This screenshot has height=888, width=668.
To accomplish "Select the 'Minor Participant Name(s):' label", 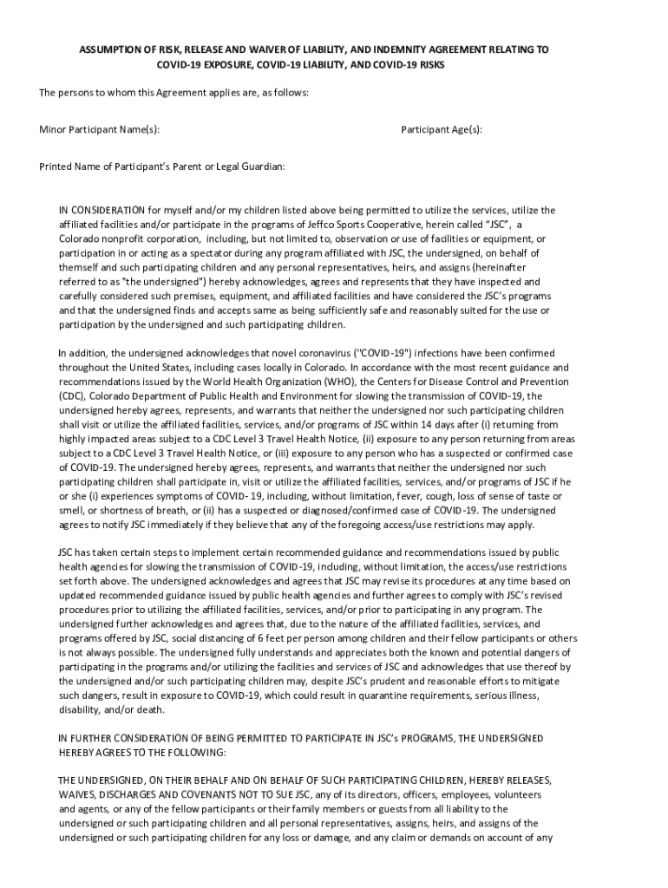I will click(99, 129).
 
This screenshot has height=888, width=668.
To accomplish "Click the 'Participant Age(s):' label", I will click(442, 129).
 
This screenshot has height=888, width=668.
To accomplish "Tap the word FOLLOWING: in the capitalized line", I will click(199, 752).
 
